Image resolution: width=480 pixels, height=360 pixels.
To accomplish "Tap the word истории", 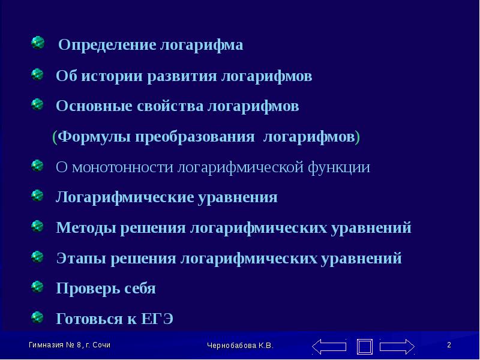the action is pos(112,76).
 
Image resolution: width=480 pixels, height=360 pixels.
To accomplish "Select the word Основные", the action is pos(94,106).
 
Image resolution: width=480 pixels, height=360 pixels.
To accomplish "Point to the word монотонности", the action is pos(122,167).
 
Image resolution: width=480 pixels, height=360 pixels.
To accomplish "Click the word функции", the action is pos(338,167).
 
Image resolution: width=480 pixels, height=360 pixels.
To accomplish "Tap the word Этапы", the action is pos(81,258).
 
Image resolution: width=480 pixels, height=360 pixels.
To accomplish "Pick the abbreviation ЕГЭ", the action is pos(157,319).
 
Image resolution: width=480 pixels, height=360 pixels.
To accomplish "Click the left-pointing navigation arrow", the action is pos(329,347).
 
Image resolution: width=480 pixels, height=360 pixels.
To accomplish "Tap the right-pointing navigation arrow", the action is pos(397,347).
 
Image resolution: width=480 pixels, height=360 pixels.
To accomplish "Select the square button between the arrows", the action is pos(365,347).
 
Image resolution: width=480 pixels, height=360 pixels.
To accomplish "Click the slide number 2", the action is pos(449,345).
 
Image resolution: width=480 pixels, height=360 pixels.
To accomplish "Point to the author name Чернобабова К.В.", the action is pos(240,346).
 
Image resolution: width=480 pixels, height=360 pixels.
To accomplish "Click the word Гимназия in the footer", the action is pos(46,345).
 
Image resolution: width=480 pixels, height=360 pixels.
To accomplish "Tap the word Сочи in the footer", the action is pos(101,345).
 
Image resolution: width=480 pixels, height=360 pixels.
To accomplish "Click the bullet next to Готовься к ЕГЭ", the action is pos(37,317).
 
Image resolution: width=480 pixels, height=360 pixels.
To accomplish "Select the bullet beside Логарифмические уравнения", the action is pos(37,196).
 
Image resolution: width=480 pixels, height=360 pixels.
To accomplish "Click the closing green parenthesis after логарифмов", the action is pos(357,137).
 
